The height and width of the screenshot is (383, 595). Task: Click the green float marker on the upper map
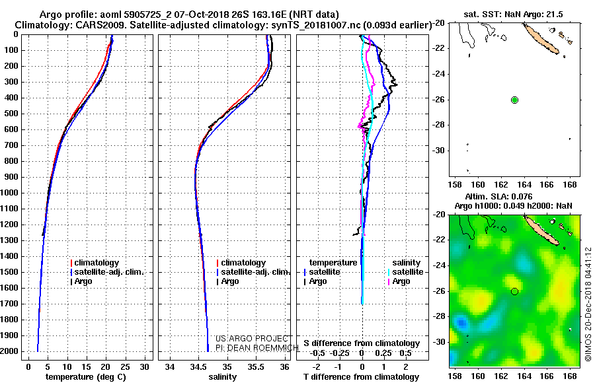click(514, 100)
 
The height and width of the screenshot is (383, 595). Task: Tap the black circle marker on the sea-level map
click(514, 291)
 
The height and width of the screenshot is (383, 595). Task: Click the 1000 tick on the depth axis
click(10, 193)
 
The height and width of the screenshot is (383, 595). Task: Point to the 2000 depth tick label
click(10, 351)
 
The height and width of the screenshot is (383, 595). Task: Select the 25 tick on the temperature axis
click(125, 367)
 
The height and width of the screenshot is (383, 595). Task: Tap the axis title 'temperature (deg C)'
click(86, 377)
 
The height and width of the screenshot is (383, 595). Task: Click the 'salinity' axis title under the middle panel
click(223, 377)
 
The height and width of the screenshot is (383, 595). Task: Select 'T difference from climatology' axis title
click(361, 377)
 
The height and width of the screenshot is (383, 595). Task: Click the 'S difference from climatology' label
click(362, 343)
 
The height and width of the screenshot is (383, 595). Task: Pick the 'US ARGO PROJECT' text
click(252, 339)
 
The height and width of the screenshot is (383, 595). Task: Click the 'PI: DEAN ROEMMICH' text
click(257, 348)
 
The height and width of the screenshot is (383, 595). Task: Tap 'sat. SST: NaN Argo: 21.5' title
click(514, 15)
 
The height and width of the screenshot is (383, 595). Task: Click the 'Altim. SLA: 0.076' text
click(498, 196)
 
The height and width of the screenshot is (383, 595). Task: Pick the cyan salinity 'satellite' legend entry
click(406, 272)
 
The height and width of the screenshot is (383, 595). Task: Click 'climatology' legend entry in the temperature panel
click(95, 263)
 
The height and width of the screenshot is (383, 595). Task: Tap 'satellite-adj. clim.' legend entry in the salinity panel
click(253, 272)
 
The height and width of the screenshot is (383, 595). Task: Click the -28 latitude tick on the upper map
click(440, 125)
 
